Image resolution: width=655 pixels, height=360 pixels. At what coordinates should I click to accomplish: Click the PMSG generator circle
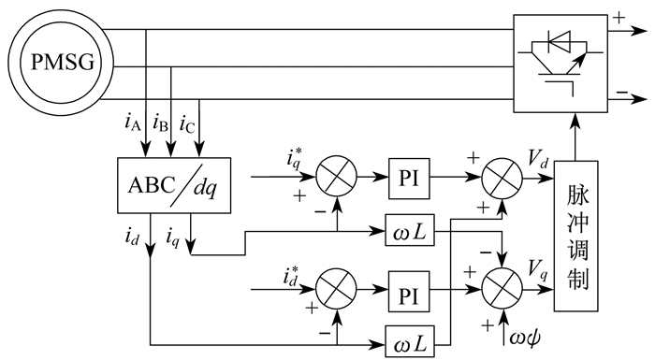pos(62,64)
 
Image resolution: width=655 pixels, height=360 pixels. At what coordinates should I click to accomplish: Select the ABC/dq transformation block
pos(174,185)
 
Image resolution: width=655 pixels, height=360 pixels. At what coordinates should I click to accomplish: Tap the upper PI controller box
pos(409,179)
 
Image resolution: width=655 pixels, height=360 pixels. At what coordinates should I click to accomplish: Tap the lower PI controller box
pos(409,292)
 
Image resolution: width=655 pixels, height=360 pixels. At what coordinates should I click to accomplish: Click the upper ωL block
pos(410,230)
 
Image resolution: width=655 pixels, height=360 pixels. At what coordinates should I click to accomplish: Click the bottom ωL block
pos(410,342)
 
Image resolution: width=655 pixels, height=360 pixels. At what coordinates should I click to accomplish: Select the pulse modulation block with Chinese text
pos(576,236)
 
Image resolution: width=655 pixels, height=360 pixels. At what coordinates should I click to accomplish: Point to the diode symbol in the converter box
pos(559,42)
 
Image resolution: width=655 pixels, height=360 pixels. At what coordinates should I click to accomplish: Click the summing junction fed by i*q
pos(336,177)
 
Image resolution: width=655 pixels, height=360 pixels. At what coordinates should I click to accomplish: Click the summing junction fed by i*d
pos(336,289)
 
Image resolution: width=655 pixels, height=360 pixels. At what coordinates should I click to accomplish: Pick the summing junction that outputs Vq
pos(502,289)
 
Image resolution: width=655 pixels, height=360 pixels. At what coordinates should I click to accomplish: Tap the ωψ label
pos(525,337)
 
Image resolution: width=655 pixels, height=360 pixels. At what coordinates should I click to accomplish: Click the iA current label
pos(133,122)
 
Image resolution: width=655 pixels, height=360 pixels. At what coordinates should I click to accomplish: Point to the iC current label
pos(187,123)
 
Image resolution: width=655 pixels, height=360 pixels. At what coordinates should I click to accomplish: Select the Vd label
pos(538,160)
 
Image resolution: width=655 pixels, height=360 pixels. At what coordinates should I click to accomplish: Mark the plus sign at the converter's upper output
pos(619,18)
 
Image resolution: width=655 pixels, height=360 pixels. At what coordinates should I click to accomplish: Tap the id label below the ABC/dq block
pos(132,238)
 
